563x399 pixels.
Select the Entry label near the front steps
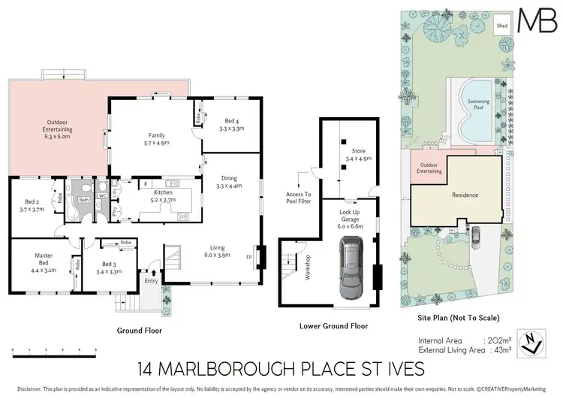coord(152,282)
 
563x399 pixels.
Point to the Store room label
coord(355,153)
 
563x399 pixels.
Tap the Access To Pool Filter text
coord(298,198)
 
